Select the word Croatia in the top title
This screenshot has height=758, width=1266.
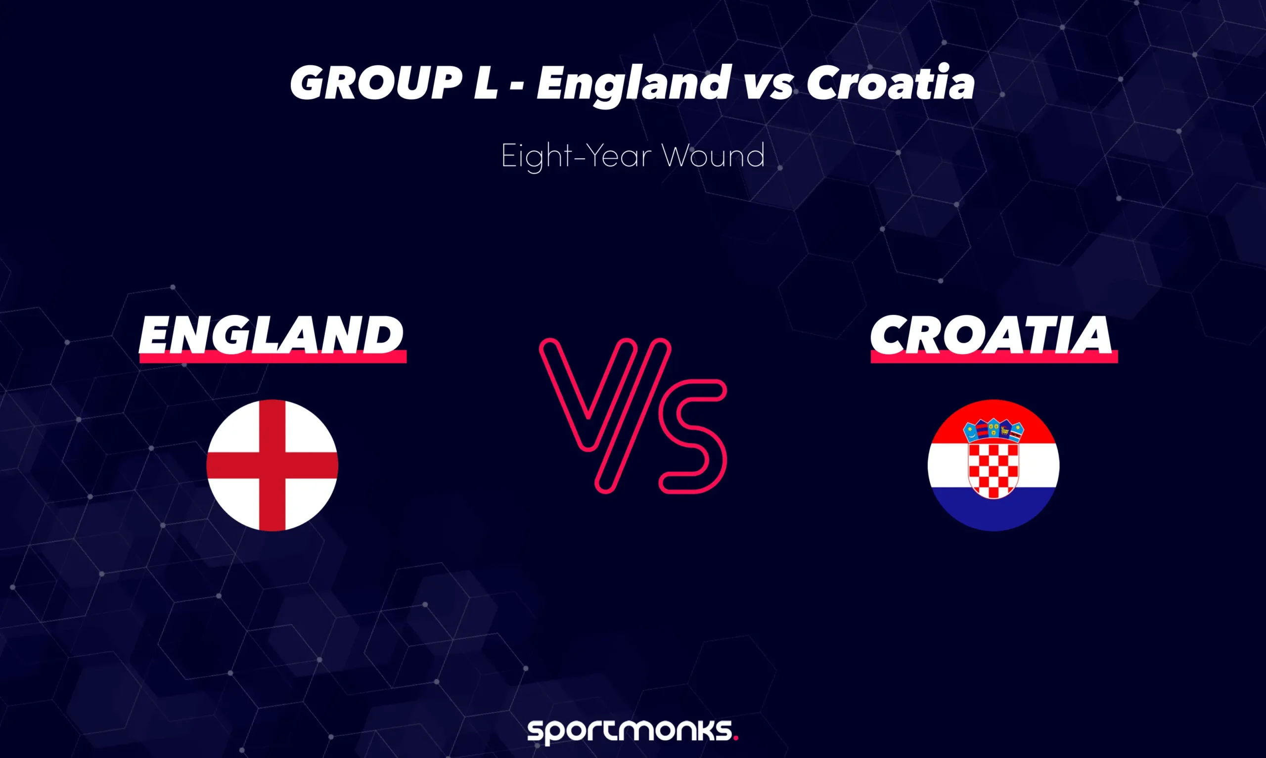[x=891, y=83]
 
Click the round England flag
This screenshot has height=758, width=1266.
[x=272, y=465]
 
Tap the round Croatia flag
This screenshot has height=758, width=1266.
[x=994, y=465]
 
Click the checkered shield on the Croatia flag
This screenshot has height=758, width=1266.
[x=994, y=470]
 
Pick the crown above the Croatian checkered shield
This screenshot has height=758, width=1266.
[x=994, y=430]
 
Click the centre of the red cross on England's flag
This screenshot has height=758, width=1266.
[x=272, y=465]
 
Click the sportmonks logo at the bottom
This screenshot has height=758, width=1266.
[x=632, y=730]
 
